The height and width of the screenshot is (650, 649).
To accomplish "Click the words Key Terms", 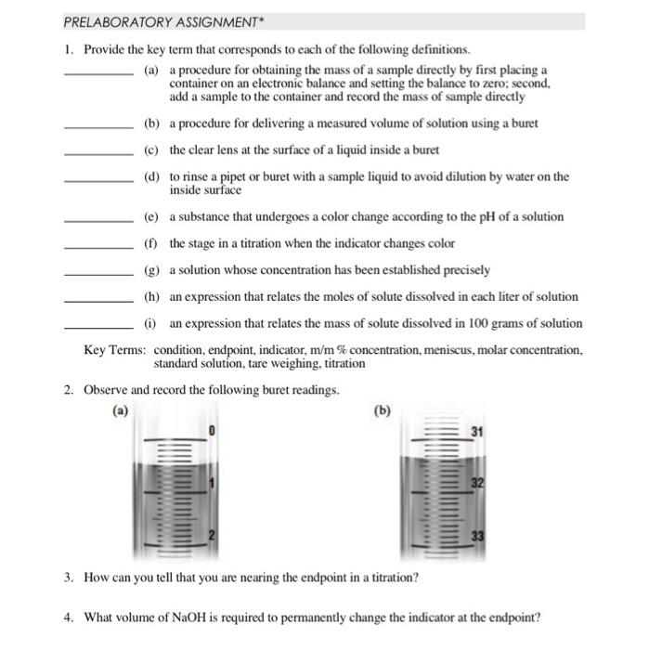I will [114, 350].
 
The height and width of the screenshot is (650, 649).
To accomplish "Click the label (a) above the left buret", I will [120, 409].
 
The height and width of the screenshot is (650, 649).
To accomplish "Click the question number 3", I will [70, 577].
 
